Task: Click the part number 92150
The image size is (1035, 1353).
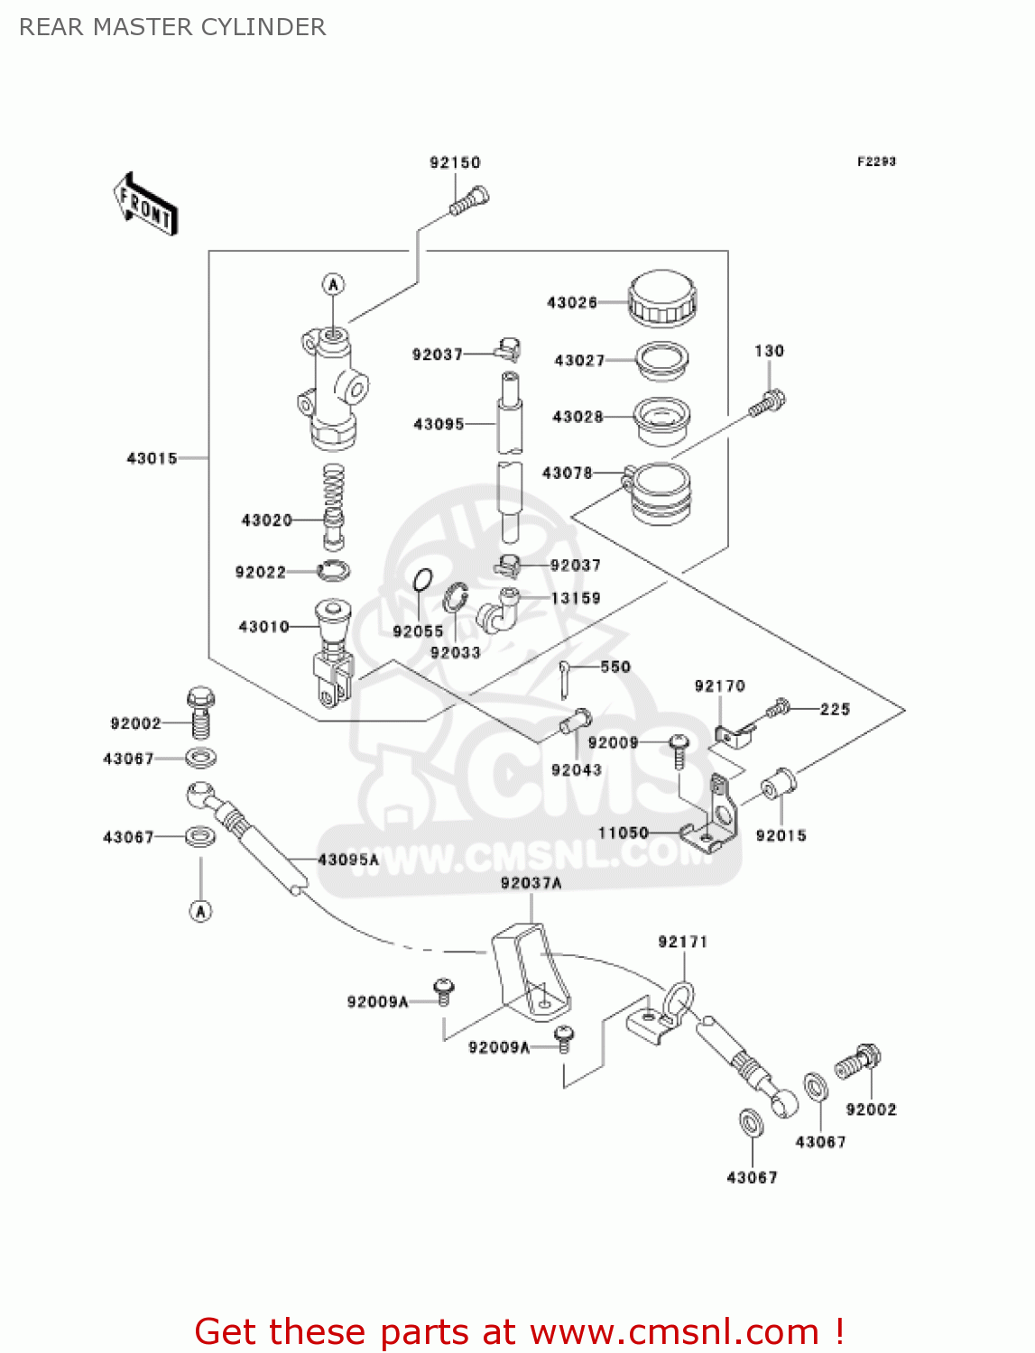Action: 455,162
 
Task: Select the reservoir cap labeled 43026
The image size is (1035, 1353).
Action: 662,298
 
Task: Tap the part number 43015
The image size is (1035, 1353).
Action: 152,458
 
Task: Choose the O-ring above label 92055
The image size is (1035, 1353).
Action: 422,581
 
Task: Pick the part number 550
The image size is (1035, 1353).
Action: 615,667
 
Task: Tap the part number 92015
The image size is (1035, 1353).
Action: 781,835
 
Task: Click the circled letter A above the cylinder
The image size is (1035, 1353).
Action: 334,285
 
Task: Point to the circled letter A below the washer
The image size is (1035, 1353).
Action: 200,911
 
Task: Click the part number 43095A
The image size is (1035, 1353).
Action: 348,860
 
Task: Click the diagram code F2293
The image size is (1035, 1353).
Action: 876,161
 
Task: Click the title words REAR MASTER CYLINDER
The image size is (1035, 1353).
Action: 172,27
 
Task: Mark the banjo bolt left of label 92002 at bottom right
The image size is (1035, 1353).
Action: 857,1062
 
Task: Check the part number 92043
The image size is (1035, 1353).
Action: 576,769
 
